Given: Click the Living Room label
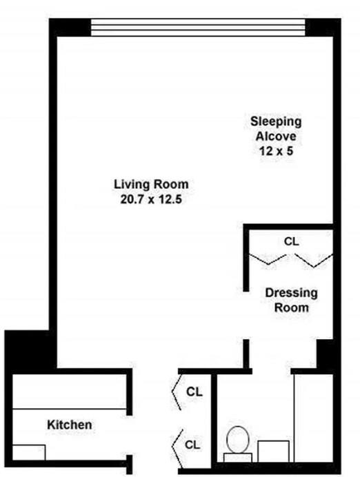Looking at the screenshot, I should (150, 185).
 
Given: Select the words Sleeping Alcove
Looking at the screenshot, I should (275, 129).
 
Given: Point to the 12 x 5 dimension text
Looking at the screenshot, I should (275, 151).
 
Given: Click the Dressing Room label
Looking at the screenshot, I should (292, 300).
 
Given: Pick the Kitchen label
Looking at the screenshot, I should (69, 425).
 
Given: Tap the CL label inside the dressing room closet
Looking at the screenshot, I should (292, 241).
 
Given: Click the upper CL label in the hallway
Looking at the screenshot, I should (194, 392).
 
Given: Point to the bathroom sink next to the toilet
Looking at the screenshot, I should (273, 451).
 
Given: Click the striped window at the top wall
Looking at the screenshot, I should (197, 27).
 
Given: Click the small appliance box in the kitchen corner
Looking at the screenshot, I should (29, 452).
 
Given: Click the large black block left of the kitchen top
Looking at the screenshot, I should (29, 352).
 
